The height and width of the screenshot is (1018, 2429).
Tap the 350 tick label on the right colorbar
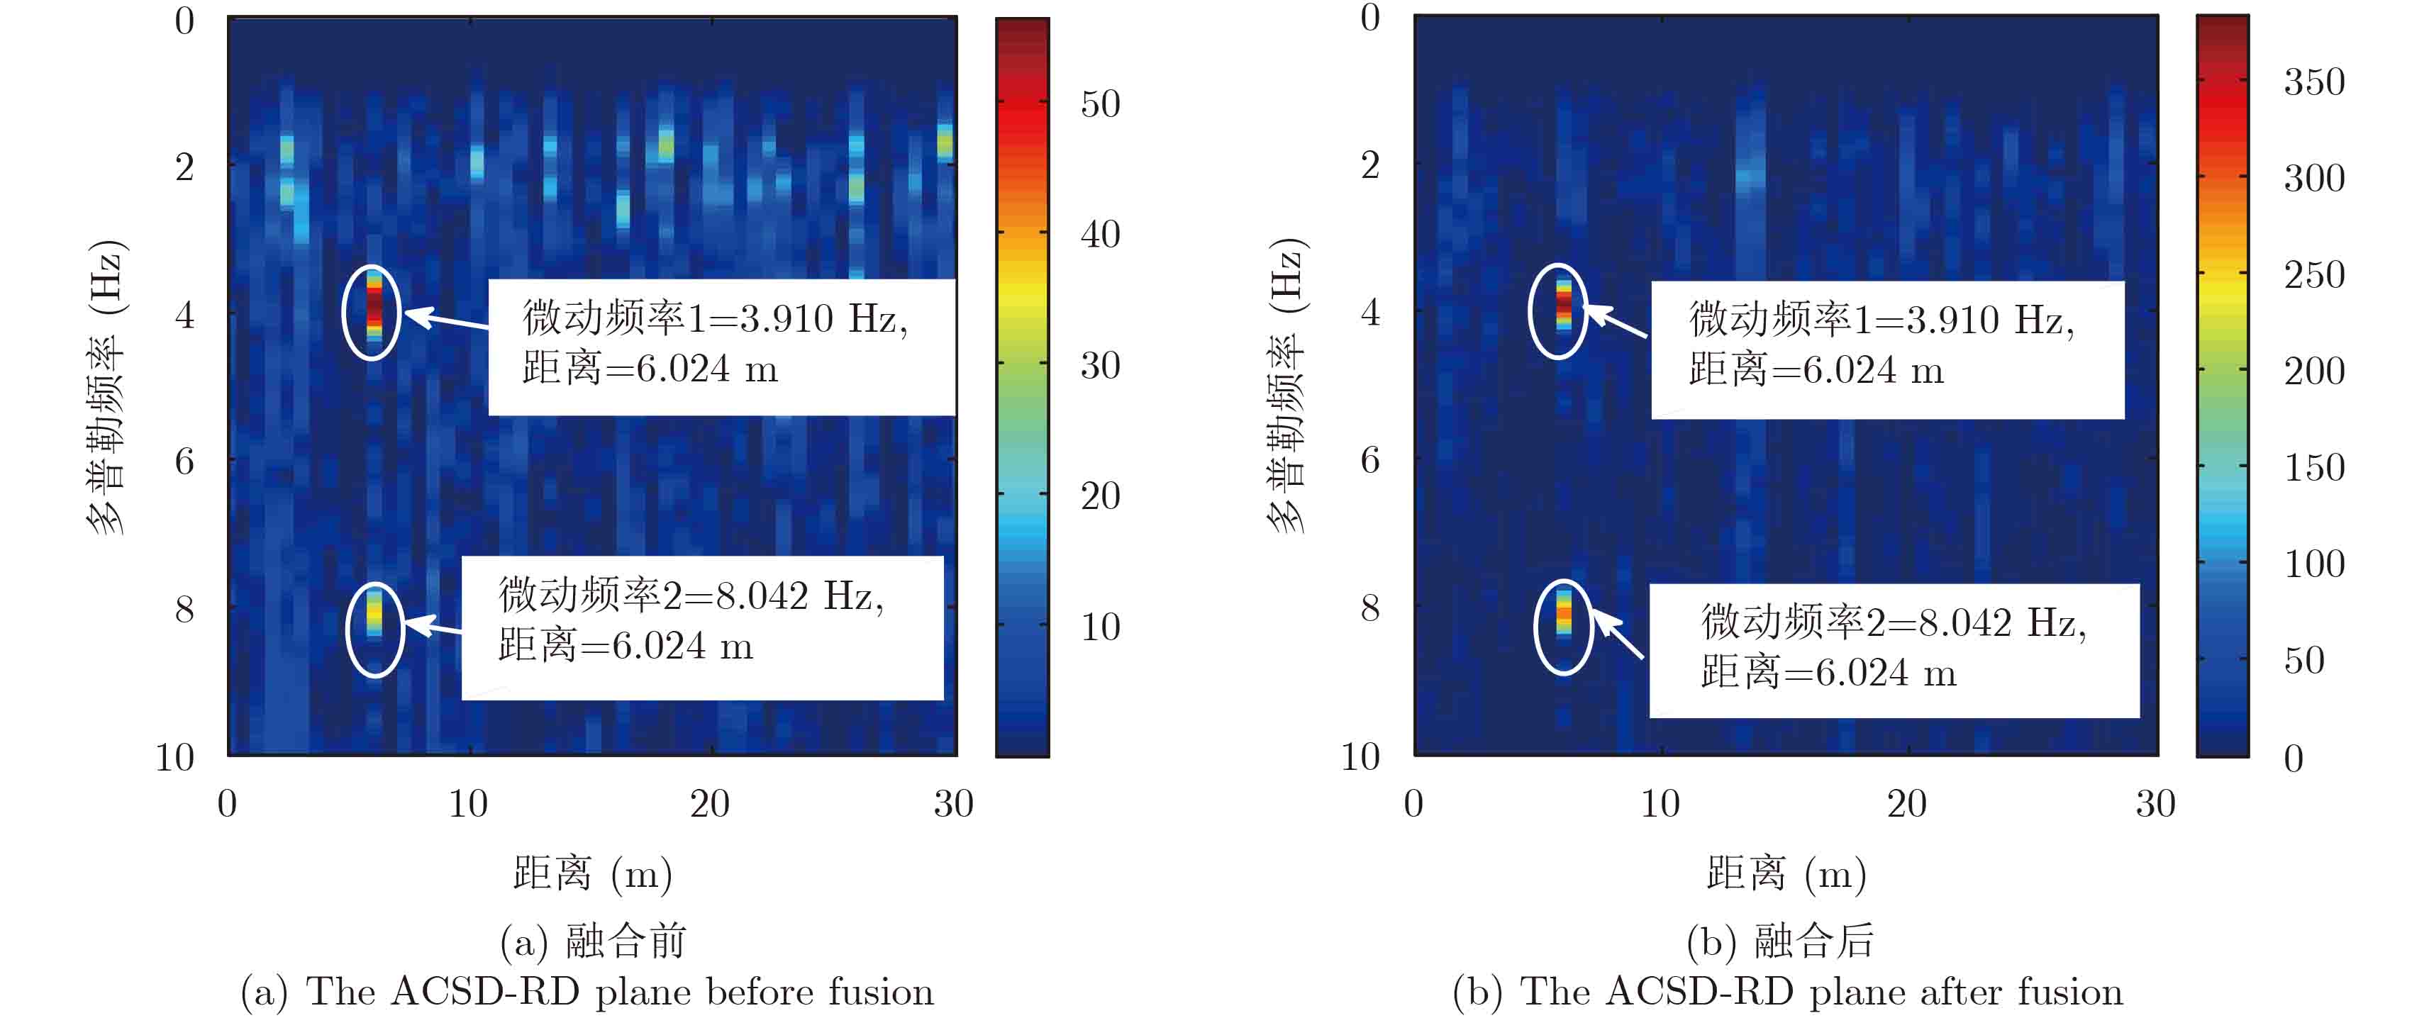(2314, 82)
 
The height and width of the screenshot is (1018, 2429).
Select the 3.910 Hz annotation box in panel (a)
(721, 346)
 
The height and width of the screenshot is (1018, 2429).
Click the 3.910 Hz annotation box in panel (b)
(1886, 349)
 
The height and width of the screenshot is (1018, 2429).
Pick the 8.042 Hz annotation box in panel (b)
(1894, 650)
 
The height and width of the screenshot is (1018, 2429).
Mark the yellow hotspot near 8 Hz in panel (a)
(374, 613)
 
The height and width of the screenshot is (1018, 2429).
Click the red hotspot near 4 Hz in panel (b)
(1563, 303)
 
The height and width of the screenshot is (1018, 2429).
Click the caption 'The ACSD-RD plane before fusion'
(587, 992)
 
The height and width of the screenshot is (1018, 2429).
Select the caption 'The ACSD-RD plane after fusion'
(1788, 992)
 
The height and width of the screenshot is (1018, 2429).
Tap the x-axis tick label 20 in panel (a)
(709, 804)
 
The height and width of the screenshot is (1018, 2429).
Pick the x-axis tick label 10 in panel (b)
(1660, 804)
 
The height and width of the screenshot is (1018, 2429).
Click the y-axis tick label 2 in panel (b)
(1370, 165)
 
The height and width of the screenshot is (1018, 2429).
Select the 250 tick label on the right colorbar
(2314, 274)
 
